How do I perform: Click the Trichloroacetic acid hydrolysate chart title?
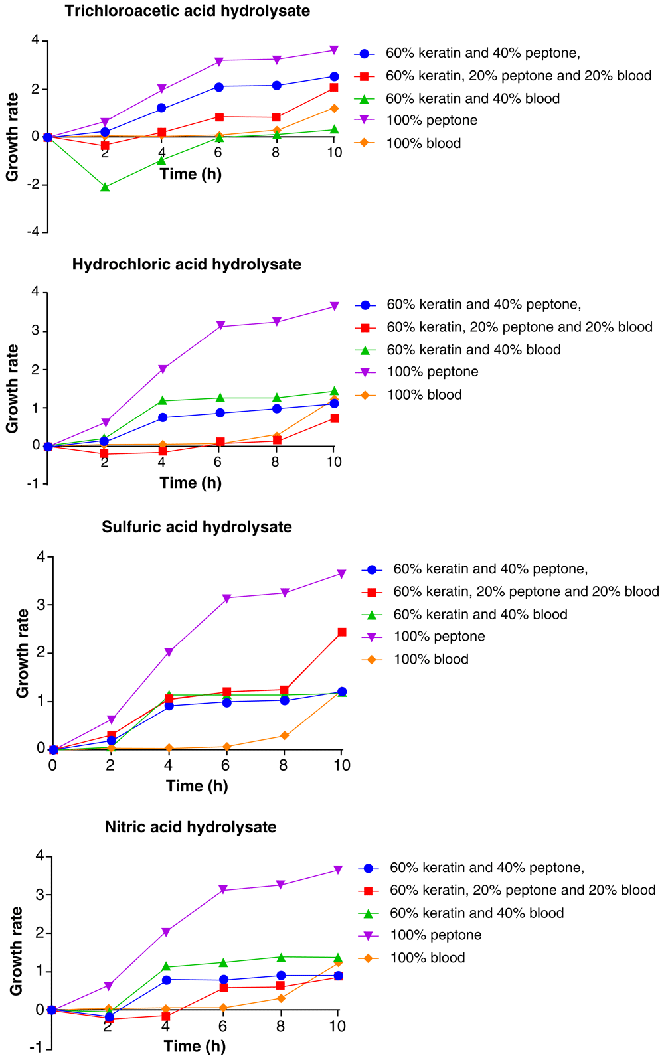(x=187, y=11)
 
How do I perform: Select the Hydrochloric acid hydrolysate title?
(x=187, y=264)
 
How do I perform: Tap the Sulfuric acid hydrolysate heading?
(x=197, y=527)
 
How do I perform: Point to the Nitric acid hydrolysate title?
(x=191, y=827)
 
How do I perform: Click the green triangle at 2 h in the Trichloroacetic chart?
(x=105, y=187)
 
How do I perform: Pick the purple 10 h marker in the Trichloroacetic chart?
(x=334, y=50)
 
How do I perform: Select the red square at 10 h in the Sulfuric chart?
(x=342, y=633)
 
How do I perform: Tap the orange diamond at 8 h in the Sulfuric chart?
(x=284, y=736)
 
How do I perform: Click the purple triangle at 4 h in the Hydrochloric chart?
(x=162, y=370)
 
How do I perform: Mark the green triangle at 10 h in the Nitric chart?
(x=338, y=957)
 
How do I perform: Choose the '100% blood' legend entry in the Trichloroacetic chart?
(x=423, y=143)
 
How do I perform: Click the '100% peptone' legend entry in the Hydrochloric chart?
(x=432, y=372)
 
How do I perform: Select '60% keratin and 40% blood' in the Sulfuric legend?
(x=480, y=615)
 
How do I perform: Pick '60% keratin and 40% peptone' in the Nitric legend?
(x=487, y=868)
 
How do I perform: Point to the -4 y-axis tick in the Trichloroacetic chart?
(x=35, y=232)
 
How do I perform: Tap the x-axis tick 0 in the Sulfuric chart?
(x=52, y=765)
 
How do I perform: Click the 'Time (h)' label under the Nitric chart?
(x=195, y=1046)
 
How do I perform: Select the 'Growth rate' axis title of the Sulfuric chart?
(x=23, y=653)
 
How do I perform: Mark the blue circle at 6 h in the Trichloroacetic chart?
(x=219, y=87)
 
